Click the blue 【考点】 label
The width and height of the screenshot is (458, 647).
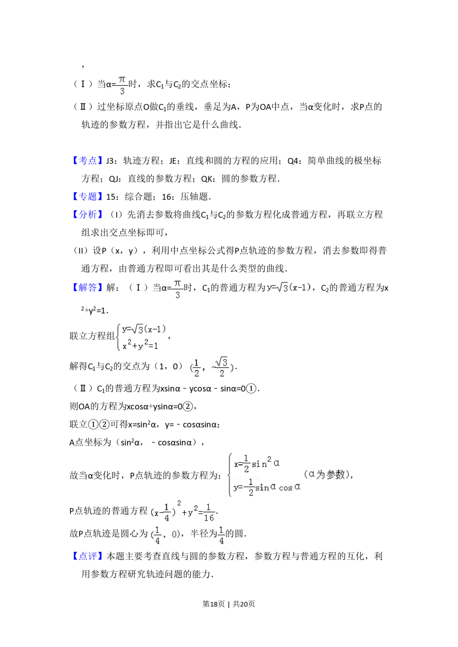[87, 160]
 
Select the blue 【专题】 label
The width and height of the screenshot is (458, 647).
[87, 196]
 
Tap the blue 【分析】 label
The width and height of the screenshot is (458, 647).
[87, 214]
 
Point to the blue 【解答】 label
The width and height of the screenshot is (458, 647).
[87, 287]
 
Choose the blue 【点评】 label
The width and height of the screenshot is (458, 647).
[87, 555]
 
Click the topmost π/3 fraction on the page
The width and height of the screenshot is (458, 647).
[122, 86]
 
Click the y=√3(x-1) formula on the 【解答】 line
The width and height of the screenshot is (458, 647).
[289, 287]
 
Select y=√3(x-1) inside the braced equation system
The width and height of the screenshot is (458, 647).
[143, 329]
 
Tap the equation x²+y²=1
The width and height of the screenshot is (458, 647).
[140, 345]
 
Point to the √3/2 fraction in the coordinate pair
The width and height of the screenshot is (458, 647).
[222, 367]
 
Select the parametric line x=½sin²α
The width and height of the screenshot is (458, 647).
[256, 464]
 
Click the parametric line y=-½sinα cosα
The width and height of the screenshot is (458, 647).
[267, 487]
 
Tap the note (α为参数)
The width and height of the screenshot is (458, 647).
[327, 474]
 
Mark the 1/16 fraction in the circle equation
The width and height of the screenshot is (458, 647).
[209, 512]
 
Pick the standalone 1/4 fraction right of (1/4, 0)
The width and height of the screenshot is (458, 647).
[222, 534]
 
